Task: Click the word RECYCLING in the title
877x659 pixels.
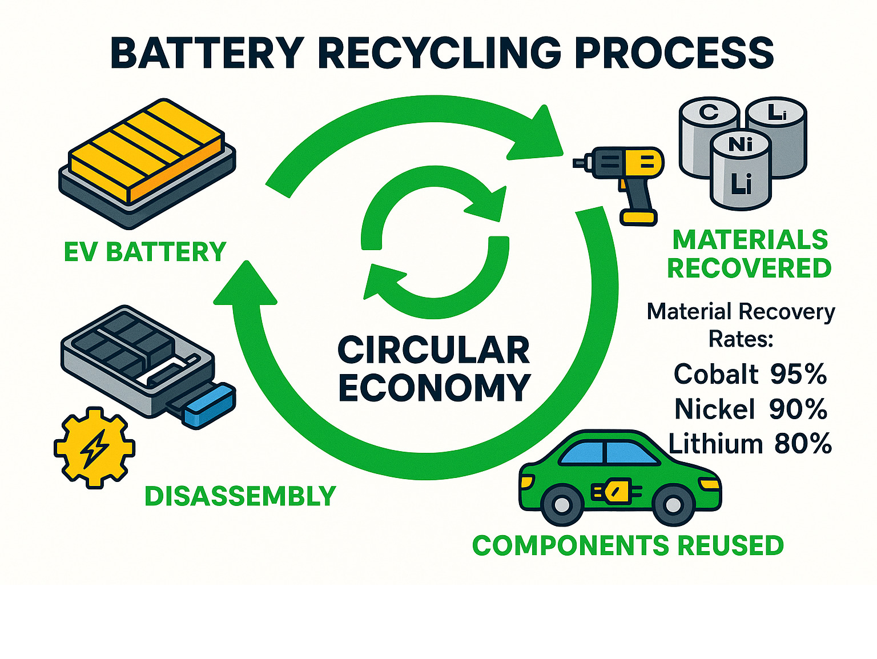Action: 439,53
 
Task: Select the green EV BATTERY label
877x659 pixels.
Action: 145,252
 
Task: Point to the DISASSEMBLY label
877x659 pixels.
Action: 240,496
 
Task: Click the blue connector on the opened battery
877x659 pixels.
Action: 210,405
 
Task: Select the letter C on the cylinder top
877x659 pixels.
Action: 709,112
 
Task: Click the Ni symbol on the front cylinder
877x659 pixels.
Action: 740,145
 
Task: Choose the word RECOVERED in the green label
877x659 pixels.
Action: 749,268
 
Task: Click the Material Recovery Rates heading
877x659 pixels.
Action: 741,325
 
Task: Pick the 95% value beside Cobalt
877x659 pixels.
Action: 798,374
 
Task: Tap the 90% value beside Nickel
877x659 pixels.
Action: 798,409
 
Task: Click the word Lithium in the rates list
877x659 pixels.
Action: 715,444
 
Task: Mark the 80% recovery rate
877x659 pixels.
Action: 803,444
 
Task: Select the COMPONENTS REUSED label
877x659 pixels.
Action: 627,545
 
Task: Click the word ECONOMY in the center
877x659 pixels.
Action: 434,388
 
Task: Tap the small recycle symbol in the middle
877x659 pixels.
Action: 434,242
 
